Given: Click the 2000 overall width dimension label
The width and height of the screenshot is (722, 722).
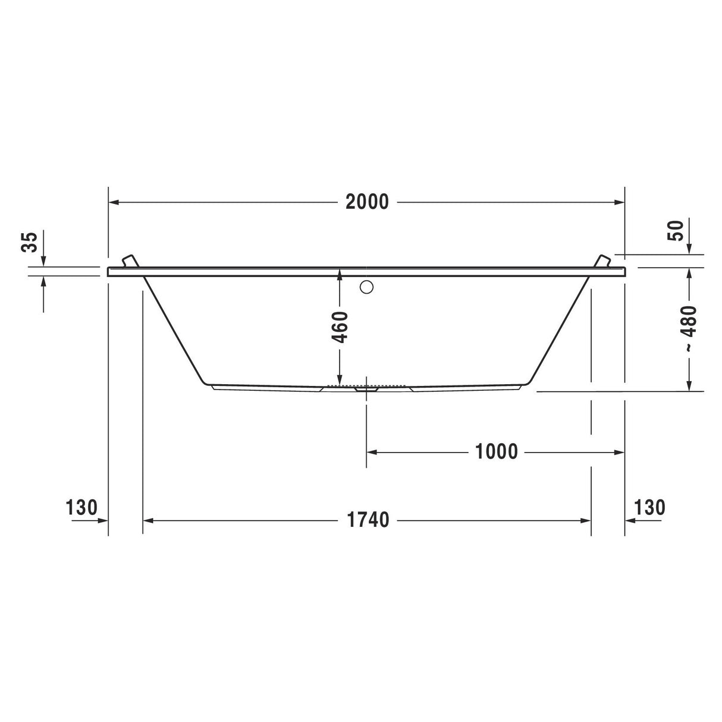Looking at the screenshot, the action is (367, 202).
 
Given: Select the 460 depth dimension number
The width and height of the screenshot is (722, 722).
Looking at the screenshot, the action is (340, 327).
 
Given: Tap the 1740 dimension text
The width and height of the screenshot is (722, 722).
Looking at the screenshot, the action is (368, 520).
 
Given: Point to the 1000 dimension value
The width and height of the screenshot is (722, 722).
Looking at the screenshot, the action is (497, 451).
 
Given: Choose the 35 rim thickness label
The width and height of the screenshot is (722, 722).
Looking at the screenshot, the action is (29, 242).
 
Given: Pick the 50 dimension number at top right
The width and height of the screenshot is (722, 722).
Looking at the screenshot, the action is (676, 231).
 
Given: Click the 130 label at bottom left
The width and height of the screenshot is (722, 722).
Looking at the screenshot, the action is (81, 507).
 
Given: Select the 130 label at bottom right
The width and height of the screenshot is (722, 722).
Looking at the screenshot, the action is (649, 507).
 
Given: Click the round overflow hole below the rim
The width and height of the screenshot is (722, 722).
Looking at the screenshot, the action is (366, 287).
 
